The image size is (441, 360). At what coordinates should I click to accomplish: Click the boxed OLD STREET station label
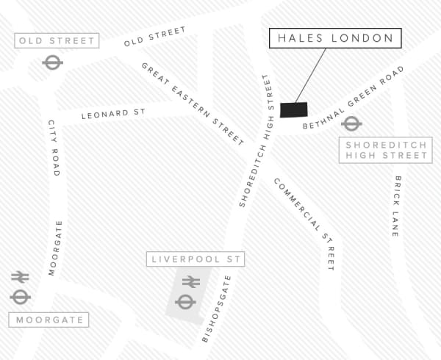point(57,40)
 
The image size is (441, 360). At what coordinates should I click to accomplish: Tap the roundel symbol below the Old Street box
point(52,63)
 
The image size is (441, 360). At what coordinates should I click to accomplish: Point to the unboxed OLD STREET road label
point(155,37)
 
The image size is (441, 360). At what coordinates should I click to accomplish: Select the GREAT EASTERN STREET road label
point(193,103)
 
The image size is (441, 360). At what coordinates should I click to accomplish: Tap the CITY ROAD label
point(53,148)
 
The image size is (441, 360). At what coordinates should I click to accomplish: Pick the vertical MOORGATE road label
point(55,248)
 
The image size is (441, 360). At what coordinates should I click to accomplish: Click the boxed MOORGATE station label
point(49,320)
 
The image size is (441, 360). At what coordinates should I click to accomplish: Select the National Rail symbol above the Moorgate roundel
point(20,277)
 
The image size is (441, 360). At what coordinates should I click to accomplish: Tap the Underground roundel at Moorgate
point(20,297)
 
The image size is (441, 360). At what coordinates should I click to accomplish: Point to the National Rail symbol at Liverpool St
point(191,281)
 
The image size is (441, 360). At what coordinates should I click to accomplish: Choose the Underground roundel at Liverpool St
point(184,301)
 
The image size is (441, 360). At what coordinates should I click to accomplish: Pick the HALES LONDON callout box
point(334,39)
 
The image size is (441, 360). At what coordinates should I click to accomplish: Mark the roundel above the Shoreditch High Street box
point(351,123)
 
